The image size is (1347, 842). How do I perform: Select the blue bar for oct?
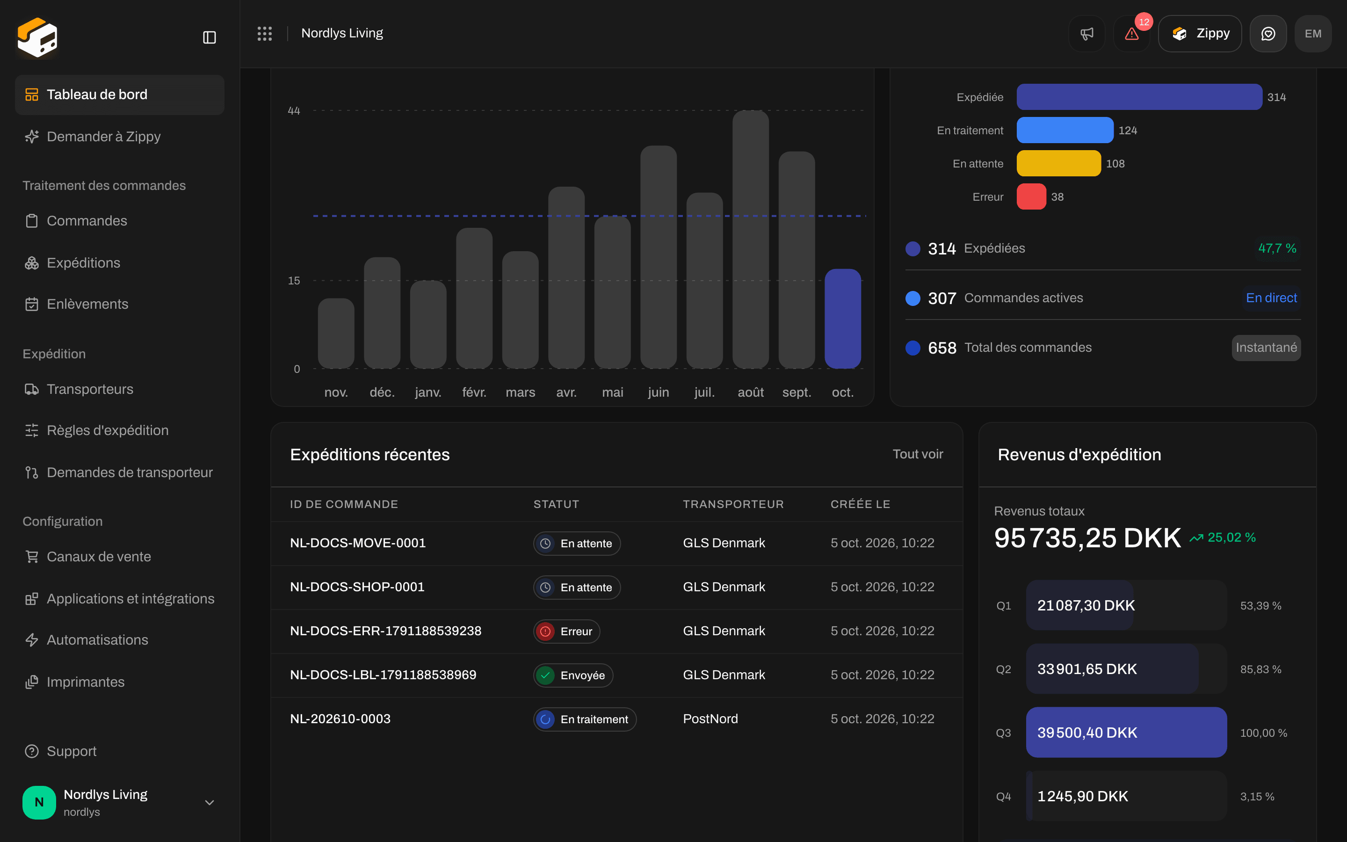(x=842, y=319)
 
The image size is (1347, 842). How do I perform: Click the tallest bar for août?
(x=750, y=240)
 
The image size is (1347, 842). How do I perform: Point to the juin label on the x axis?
(x=659, y=392)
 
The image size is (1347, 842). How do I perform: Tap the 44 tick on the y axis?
(x=294, y=111)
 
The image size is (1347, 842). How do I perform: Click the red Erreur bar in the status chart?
(x=1031, y=196)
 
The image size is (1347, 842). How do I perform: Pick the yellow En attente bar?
(x=1059, y=163)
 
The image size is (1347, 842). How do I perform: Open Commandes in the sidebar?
(x=87, y=221)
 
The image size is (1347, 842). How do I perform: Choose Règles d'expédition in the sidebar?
(x=108, y=430)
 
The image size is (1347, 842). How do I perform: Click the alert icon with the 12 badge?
(x=1131, y=34)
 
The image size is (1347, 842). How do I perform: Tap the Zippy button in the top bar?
(x=1200, y=34)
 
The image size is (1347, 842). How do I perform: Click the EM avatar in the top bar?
(x=1313, y=34)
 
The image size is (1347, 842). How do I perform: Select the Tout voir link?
(x=918, y=454)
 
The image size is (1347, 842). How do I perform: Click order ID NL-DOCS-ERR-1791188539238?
(x=386, y=631)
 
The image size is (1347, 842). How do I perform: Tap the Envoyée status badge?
(x=573, y=675)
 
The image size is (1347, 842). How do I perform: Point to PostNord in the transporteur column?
(x=710, y=719)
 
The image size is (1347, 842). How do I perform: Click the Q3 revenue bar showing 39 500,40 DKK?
(x=1126, y=732)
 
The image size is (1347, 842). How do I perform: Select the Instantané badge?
(x=1266, y=348)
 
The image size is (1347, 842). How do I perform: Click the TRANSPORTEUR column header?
(x=733, y=505)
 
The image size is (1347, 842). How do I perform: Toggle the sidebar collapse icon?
(x=209, y=37)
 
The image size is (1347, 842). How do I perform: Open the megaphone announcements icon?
(x=1086, y=34)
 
